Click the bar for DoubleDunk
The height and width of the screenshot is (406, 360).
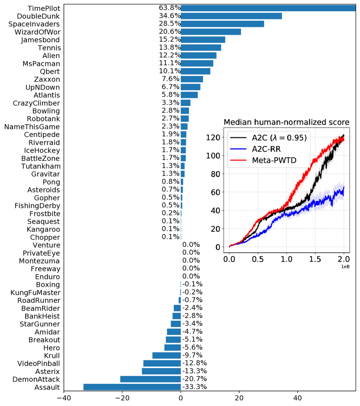click(231, 16)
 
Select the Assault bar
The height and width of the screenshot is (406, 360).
click(132, 387)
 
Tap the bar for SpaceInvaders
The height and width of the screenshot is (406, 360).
click(222, 24)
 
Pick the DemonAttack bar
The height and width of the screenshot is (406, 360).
click(150, 379)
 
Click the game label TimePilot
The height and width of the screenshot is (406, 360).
click(44, 8)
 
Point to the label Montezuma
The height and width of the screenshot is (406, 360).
click(39, 261)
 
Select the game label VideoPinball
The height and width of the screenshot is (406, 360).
click(39, 363)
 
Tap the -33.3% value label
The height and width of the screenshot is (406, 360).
click(195, 387)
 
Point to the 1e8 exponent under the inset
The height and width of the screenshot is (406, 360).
click(345, 266)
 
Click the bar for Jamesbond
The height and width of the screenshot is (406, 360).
click(203, 40)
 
